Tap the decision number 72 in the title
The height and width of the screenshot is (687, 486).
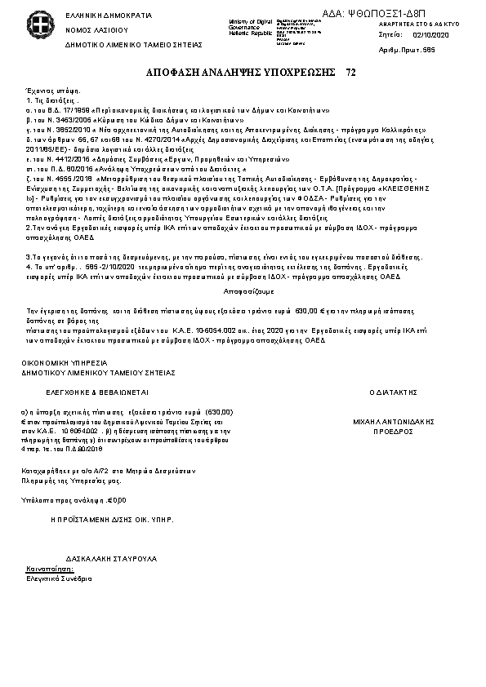point(351,73)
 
